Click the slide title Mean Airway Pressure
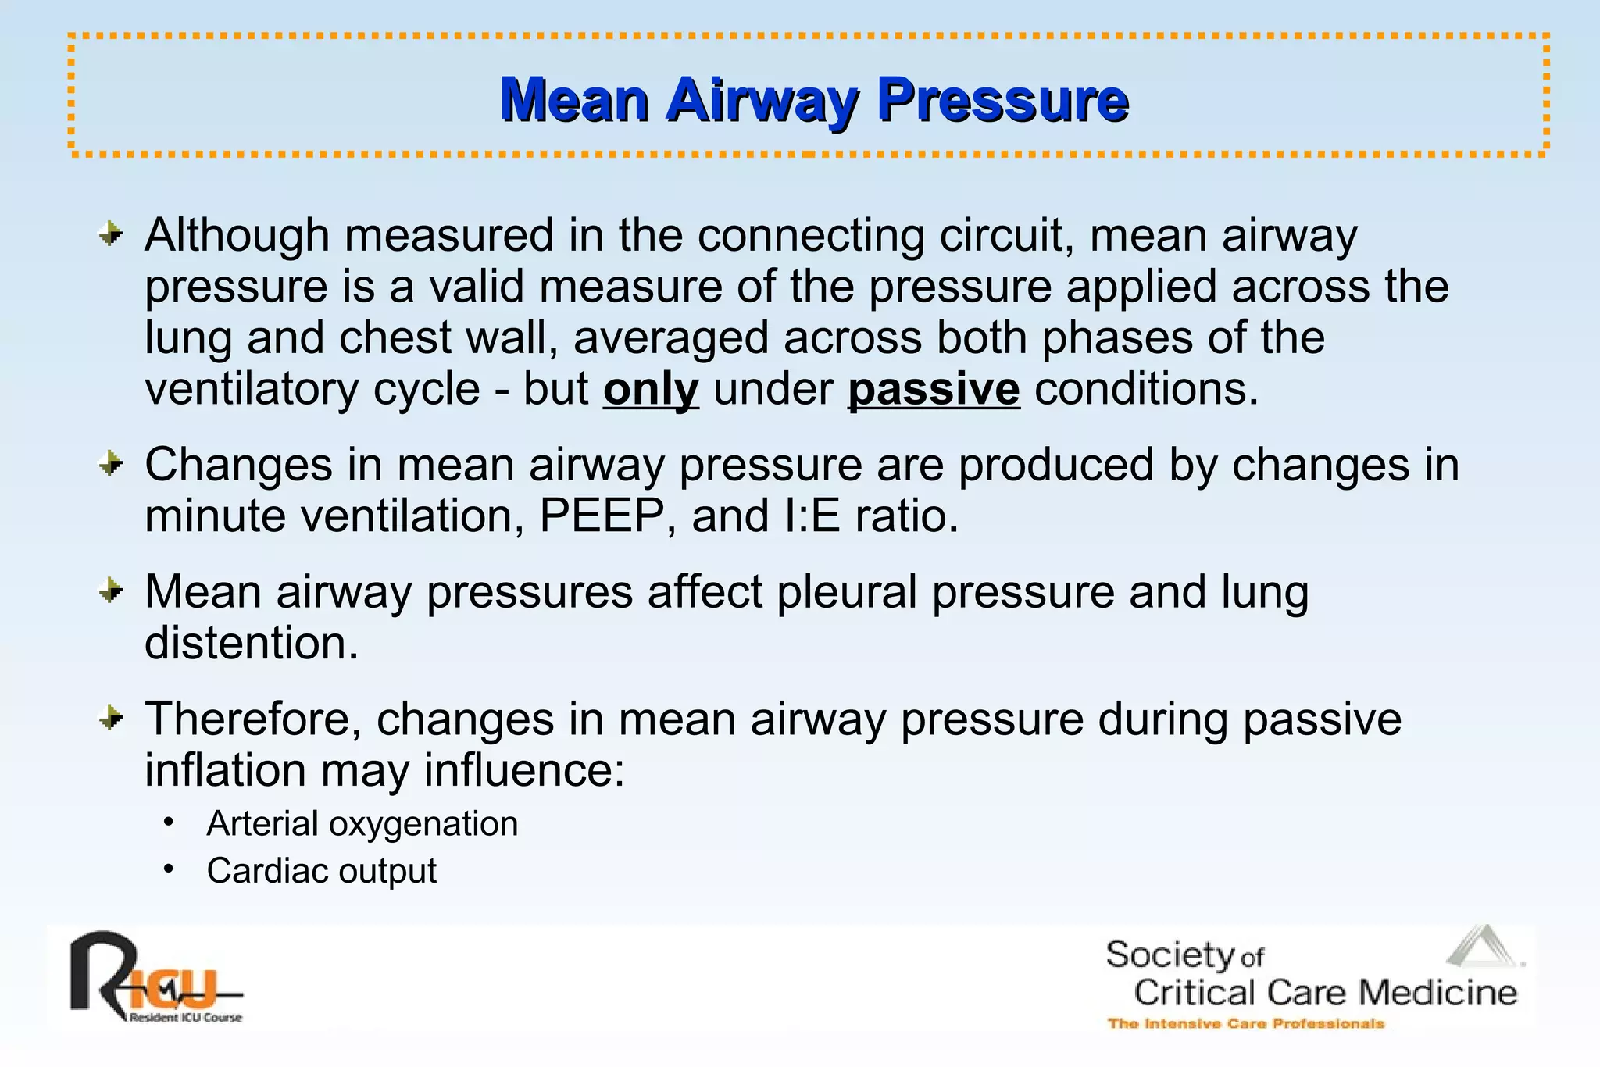pos(814,100)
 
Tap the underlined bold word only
pos(651,390)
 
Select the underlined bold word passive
pos(934,390)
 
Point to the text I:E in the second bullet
pos(811,516)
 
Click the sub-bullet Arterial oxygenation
pos(362,824)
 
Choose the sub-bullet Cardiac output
pos(321,871)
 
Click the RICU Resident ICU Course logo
pos(155,977)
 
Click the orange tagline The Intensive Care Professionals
pos(1245,1023)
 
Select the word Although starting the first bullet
pos(237,235)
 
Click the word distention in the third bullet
pos(251,644)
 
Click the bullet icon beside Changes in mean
pos(112,465)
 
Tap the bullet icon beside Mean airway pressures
pos(112,591)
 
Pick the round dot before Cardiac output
pos(169,869)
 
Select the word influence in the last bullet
pos(524,771)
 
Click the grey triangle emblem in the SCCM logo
pos(1482,947)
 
